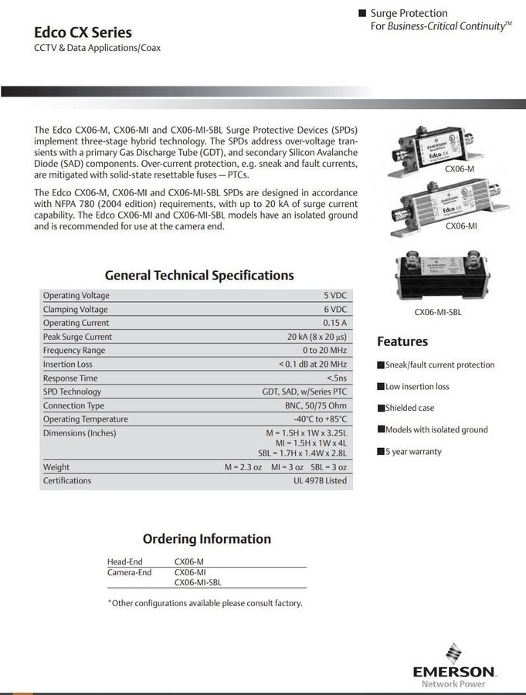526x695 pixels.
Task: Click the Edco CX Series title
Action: pos(83,32)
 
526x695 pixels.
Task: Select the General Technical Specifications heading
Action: pos(199,275)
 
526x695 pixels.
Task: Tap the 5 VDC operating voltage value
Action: pos(335,296)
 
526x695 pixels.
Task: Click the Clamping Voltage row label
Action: pos(76,310)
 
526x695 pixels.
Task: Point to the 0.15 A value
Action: pos(334,323)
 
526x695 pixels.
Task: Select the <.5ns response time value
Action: pos(336,378)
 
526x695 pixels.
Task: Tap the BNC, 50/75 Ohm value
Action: pos(315,405)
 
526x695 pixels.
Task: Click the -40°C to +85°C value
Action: pos(320,419)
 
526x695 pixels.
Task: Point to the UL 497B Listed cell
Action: pos(320,480)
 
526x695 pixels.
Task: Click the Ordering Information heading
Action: pos(206,539)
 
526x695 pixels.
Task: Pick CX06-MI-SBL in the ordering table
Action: pos(202,583)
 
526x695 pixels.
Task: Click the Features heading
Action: pos(402,341)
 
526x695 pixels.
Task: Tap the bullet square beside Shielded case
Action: pos(380,409)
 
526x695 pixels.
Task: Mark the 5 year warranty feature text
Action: pos(413,452)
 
